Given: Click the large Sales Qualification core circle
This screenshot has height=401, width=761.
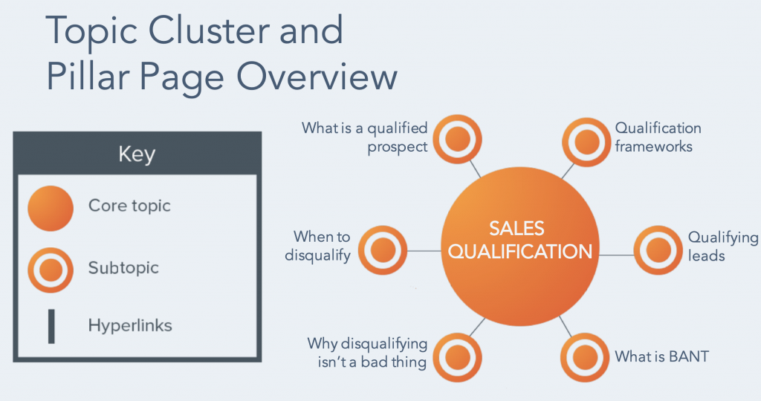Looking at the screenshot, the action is point(519,246).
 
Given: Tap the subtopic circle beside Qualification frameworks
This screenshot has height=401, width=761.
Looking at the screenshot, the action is point(586,142).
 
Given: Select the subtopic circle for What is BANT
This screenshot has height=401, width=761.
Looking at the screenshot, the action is point(584,357).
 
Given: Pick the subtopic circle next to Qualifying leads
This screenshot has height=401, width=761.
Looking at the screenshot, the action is point(658,250).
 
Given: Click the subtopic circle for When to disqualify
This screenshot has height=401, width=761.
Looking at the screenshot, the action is point(383,250).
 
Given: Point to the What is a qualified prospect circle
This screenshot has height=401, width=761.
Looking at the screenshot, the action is point(457,139).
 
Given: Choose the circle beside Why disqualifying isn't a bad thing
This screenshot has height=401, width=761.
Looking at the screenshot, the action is point(457,357).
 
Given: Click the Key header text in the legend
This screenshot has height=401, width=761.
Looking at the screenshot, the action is point(137,155).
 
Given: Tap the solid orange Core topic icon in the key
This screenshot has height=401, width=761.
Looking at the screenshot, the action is point(51,208).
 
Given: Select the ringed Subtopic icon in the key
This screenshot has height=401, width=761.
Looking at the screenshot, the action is point(51,270).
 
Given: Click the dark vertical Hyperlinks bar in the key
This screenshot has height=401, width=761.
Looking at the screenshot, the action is point(51,326).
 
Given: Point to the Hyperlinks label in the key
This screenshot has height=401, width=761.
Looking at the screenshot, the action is point(130,325).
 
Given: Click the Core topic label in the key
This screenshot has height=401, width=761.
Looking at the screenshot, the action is point(129,206).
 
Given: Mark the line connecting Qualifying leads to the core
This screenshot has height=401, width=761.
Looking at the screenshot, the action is point(616,254).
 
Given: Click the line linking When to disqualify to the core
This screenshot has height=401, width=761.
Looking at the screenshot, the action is point(424,251).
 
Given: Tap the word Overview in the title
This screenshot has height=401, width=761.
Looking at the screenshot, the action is point(317,77).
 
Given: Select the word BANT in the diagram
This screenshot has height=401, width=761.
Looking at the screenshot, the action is point(689,356).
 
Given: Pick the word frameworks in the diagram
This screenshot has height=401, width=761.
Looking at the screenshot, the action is point(654,147).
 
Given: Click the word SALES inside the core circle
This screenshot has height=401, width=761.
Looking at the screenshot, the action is point(516,228).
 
